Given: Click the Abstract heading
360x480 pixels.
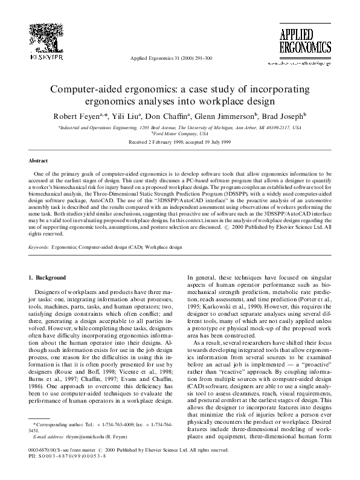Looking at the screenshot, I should (x=39, y=161).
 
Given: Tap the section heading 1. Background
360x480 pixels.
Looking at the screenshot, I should (x=50, y=277).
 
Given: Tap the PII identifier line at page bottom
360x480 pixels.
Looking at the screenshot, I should (x=66, y=456).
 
